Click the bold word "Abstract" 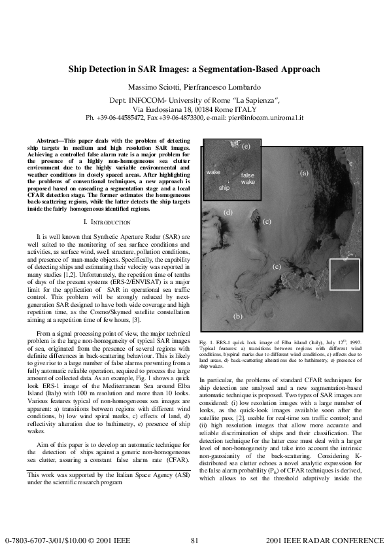tap(50, 141)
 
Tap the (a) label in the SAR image tap(304, 173)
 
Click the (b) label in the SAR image tap(239, 317)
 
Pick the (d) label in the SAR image tap(228, 213)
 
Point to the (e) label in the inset tap(246, 147)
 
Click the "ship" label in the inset tap(224, 187)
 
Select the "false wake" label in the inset tap(248, 179)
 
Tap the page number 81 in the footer tap(194, 541)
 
